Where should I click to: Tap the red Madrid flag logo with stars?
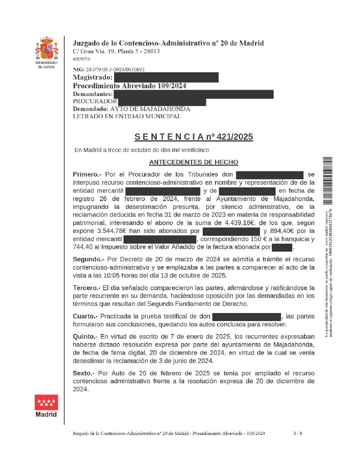46,402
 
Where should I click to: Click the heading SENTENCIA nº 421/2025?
194,137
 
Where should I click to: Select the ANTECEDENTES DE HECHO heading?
194,162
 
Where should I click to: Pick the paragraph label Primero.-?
87,174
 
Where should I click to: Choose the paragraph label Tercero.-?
86,288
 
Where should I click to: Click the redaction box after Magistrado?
166,77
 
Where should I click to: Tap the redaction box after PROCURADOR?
162,101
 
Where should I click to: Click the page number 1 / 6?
298,434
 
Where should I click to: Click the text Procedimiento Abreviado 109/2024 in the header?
130,86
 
